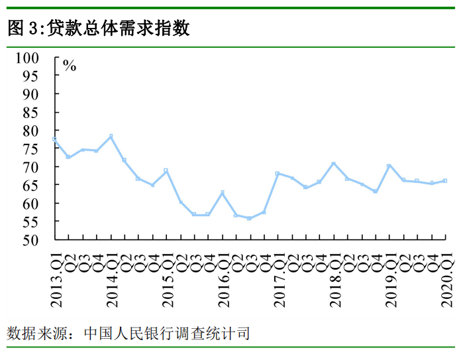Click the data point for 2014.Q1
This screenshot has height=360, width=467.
111,137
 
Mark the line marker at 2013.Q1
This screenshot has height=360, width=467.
54,139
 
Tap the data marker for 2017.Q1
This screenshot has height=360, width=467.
278,174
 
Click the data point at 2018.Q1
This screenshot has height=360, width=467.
333,164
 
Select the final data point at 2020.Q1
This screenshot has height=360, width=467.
444,180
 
